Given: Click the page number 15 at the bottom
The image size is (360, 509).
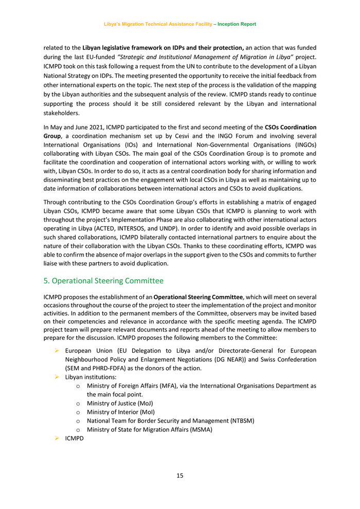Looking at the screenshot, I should pos(179,476).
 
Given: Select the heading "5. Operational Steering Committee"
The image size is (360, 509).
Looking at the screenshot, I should pos(103,281).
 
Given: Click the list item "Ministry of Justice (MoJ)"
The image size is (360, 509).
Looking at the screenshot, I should pos(120,403).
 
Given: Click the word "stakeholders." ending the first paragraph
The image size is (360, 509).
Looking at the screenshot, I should pos(62,114).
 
